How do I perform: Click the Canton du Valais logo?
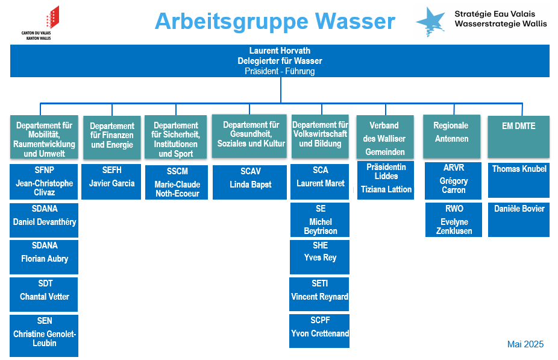[x=40, y=23]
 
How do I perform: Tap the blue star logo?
[x=431, y=21]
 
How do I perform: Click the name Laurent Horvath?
[x=280, y=51]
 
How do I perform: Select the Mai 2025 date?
[x=525, y=344]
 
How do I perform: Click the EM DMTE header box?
[x=518, y=137]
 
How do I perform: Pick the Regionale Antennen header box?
[x=451, y=136]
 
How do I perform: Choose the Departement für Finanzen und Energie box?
[x=111, y=137]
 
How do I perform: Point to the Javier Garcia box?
[x=111, y=182]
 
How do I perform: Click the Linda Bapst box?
[x=250, y=182]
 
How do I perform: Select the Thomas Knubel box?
[x=519, y=180]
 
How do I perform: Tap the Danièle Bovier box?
[x=519, y=219]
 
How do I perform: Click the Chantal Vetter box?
[x=44, y=294]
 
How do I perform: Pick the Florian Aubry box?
[x=44, y=257]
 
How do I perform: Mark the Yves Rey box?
[x=319, y=257]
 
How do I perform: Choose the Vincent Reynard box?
[x=319, y=294]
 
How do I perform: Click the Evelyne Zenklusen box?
[x=454, y=219]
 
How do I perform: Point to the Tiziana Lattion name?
[x=386, y=189]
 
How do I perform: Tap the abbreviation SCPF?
[x=321, y=320]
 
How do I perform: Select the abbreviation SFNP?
[x=45, y=170]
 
